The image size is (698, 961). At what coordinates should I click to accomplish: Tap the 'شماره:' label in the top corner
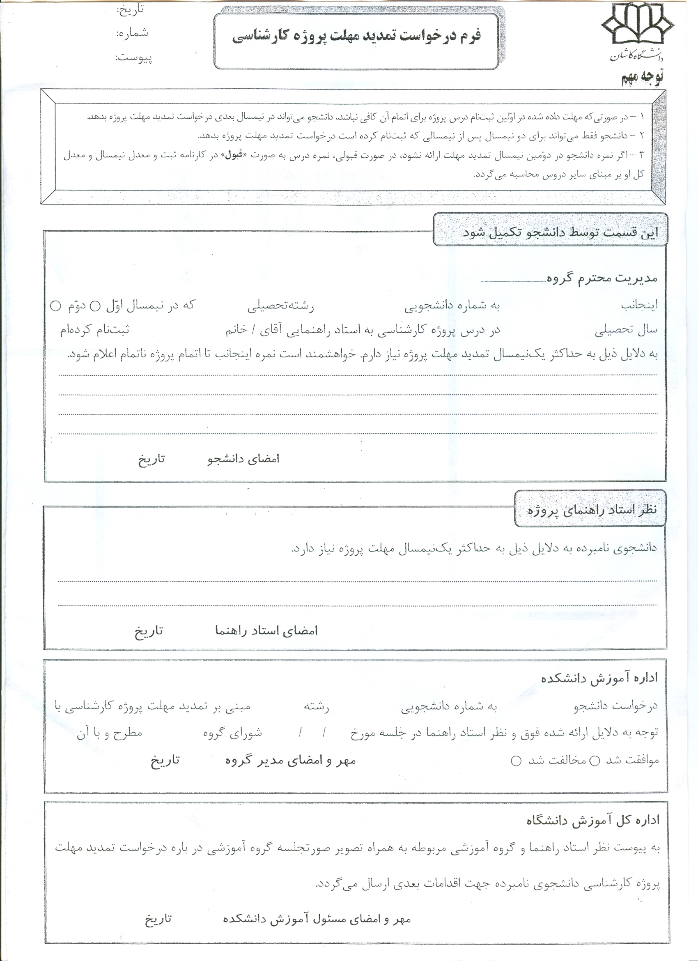point(132,33)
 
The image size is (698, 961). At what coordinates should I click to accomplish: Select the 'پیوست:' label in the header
point(133,57)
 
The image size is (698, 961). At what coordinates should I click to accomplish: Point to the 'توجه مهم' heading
point(642,79)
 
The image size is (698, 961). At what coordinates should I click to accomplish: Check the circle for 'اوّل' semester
point(96,306)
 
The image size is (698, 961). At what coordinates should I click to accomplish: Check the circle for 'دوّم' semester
point(55,306)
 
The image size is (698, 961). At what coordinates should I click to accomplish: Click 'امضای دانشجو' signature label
point(243,459)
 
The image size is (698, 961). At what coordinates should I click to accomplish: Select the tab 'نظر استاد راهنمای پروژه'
point(592,510)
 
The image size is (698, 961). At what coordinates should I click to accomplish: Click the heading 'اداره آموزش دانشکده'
point(599,678)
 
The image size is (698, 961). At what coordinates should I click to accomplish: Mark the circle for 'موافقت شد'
point(595,761)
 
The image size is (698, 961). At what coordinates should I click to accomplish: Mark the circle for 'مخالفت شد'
point(516,761)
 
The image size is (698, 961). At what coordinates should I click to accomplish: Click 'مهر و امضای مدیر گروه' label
point(291,761)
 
